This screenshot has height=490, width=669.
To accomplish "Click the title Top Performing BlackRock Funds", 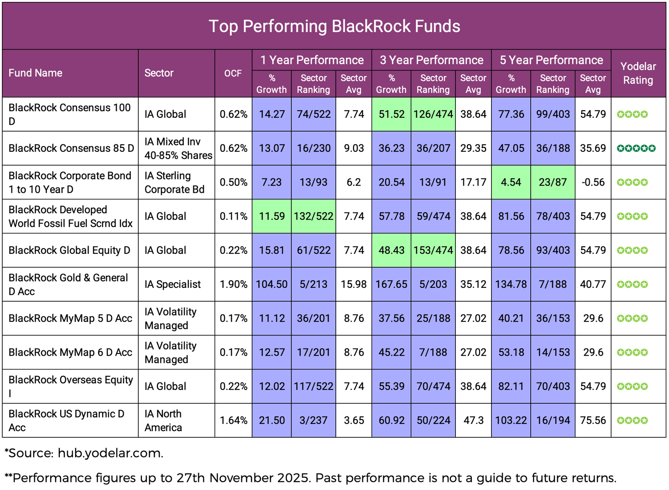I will coord(334,26).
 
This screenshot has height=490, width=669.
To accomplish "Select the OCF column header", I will coord(233,73).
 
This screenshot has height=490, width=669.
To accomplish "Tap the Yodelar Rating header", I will coord(638,73).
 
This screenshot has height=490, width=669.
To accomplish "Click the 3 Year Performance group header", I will coord(431,60).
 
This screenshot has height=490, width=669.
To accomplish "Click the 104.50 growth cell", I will coord(272,284).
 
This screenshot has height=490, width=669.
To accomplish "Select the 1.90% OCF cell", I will coord(233,284).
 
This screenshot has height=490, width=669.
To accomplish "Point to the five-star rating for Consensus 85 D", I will coord(636,148).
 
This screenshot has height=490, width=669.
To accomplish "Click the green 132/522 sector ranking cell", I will coord(314,216).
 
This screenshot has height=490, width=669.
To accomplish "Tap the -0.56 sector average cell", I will coord(593,183).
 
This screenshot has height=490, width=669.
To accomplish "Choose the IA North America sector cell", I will coord(163,420).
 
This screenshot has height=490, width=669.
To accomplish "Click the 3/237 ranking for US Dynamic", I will coord(314,420).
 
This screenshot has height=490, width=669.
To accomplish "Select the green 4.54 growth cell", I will coord(511,183).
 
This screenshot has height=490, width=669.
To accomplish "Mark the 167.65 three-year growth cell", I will coord(391,284).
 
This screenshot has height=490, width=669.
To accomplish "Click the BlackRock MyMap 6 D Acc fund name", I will coord(70,353).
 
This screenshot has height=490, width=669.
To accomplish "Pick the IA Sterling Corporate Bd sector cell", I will coord(174,183).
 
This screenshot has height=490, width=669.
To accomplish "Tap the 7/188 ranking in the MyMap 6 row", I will coord(433,353).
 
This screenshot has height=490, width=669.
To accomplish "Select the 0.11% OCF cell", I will coord(233,216).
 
